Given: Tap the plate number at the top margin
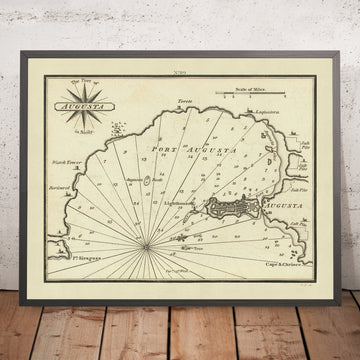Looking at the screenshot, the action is point(180,75).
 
